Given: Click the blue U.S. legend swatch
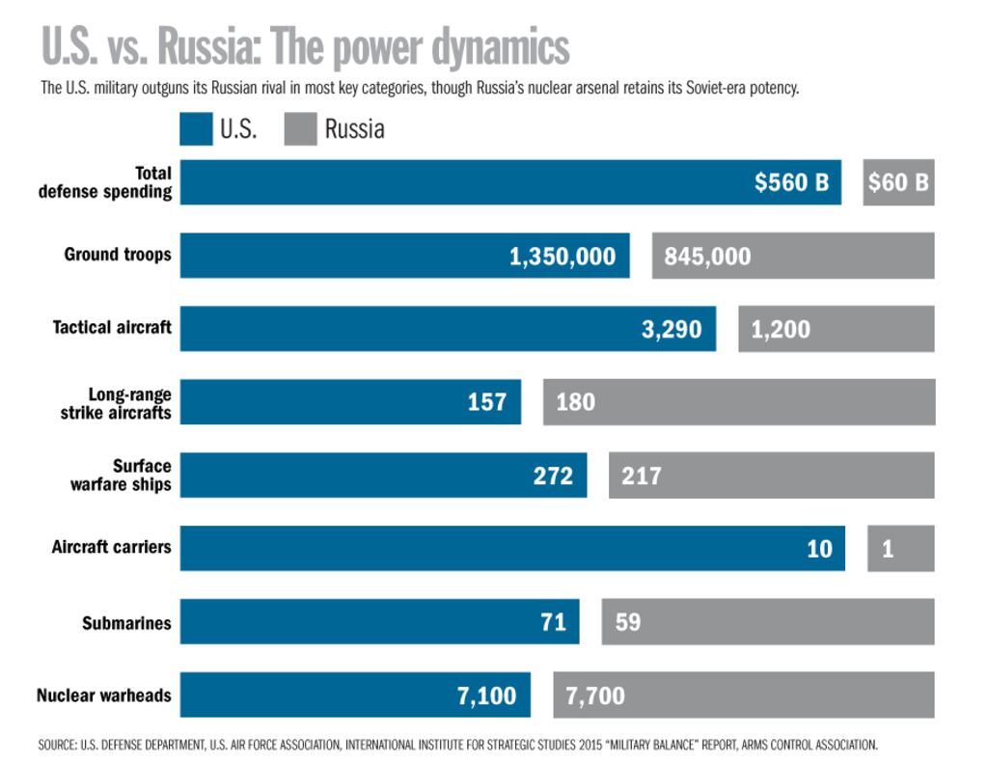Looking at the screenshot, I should pos(196,128).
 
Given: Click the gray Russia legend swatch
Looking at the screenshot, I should pos(300,128).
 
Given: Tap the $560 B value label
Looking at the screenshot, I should pos(791,182).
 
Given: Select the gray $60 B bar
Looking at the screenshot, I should pos(898,182).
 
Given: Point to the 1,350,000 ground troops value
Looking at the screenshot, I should pos(563,257).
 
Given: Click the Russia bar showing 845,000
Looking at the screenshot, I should pos(792,256).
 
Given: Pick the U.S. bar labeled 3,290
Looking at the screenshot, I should pos(448,329).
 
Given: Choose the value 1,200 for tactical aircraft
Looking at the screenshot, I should pos(781,330).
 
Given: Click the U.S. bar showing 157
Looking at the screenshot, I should pos(350,401).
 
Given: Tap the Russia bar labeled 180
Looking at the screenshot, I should pos(738,401).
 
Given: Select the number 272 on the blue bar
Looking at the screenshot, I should pos(553,476).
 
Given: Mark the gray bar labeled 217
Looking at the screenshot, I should pos(771,476).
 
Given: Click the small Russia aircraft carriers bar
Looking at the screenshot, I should pos(900,549).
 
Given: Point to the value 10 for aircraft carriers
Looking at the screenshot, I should pos(819,549).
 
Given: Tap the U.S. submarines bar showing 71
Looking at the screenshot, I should pos(379,621).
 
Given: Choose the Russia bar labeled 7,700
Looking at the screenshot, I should pos(743,695).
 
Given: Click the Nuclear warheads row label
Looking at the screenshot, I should pos(104,694).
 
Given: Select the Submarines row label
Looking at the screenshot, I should pos(126,622).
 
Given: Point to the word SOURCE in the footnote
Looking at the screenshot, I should pos(58,746).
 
